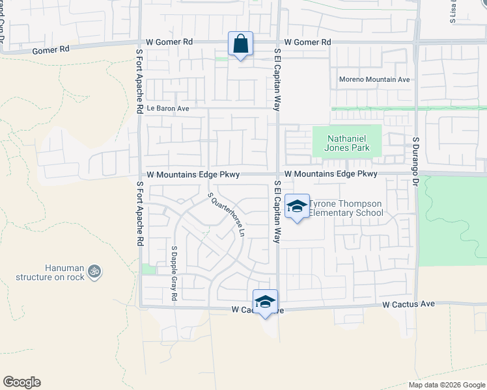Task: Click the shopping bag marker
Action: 240,44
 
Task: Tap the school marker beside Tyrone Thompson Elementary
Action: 298,207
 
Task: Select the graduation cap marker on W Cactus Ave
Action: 265,302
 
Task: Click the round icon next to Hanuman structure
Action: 95,270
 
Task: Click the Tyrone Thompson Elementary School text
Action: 345,208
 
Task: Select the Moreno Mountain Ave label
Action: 374,79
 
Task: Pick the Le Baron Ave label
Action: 167,109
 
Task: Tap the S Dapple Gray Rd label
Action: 174,273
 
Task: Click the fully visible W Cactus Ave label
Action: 408,304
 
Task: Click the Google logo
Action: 21,382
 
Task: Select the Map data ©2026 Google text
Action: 446,385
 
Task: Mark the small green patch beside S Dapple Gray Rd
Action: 149,269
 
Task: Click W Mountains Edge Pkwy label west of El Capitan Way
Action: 193,175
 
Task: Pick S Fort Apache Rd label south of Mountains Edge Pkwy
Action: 139,213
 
